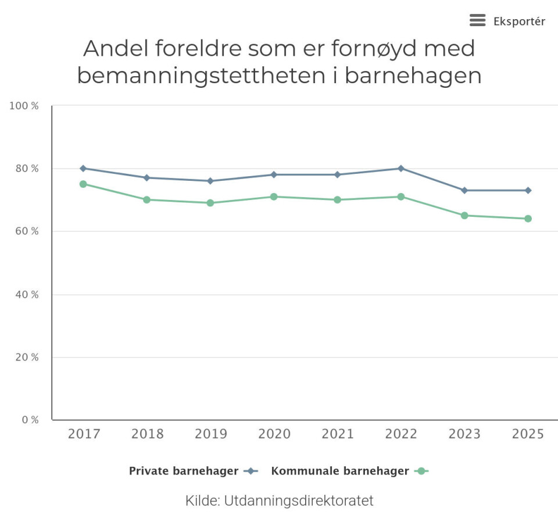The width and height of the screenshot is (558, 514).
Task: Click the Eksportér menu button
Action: pyautogui.click(x=507, y=22)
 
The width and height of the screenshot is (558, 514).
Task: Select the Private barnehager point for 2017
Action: pyautogui.click(x=83, y=168)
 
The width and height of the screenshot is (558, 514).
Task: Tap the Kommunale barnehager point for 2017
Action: pyautogui.click(x=83, y=184)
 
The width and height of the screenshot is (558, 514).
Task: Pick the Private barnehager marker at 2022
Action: pyautogui.click(x=401, y=168)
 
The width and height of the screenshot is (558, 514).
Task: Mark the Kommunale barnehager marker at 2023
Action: pyautogui.click(x=464, y=215)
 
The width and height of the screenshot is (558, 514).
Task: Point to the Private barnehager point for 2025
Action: pyautogui.click(x=528, y=190)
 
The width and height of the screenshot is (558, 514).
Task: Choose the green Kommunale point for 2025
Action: pyautogui.click(x=528, y=219)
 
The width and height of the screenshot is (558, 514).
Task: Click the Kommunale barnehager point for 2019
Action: pyautogui.click(x=210, y=203)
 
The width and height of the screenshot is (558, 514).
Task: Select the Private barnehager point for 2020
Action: pyautogui.click(x=274, y=174)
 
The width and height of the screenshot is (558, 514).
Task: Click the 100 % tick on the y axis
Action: pyautogui.click(x=24, y=106)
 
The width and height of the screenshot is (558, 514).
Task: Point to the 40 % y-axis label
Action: pyautogui.click(x=26, y=295)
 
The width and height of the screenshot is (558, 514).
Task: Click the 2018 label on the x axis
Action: pyautogui.click(x=147, y=434)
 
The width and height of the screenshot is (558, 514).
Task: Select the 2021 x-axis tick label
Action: pyautogui.click(x=338, y=434)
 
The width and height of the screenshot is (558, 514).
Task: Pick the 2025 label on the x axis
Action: pyautogui.click(x=528, y=434)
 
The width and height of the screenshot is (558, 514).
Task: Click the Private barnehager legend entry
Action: pyautogui.click(x=184, y=471)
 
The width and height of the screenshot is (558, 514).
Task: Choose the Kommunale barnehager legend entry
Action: pyautogui.click(x=340, y=471)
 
